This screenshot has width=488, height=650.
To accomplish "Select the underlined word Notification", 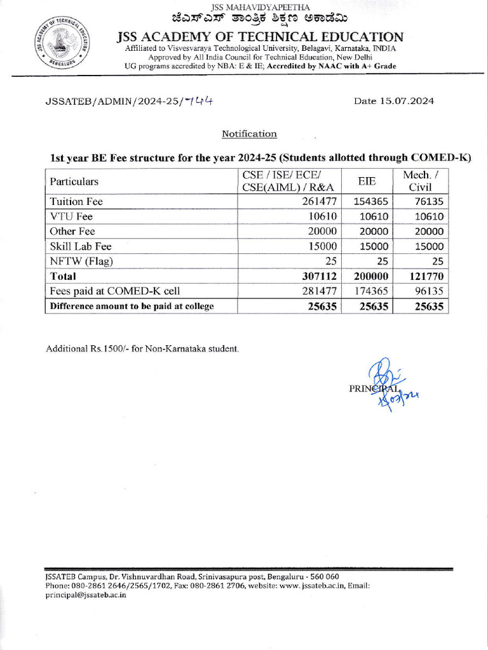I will (249, 134).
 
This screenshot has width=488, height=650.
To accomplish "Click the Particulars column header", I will (74, 182).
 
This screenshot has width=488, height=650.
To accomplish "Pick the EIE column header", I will (367, 182).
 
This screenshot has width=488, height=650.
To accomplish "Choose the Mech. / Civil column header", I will (420, 182).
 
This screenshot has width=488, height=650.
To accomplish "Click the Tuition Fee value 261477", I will (316, 202).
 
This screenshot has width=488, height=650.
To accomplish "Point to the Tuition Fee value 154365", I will (370, 202).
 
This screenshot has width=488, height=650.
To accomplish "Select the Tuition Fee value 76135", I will (427, 202).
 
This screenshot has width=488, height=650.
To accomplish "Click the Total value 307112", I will (315, 277).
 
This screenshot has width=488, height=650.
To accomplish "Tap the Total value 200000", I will (369, 277).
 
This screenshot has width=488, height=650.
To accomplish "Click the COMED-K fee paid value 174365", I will (370, 291).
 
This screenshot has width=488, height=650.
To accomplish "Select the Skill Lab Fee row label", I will (81, 246).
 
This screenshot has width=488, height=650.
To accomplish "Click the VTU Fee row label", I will (71, 216).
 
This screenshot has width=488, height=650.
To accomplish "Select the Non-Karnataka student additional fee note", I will (142, 350).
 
